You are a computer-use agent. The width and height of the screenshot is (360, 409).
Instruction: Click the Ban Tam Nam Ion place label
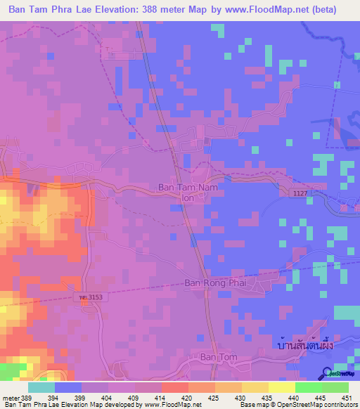[187, 193]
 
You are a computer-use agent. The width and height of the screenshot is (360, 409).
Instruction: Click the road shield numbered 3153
[89, 298]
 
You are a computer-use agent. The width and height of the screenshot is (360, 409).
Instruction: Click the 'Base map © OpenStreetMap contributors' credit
[298, 405]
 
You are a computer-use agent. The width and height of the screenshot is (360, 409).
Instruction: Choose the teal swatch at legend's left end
[41, 387]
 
